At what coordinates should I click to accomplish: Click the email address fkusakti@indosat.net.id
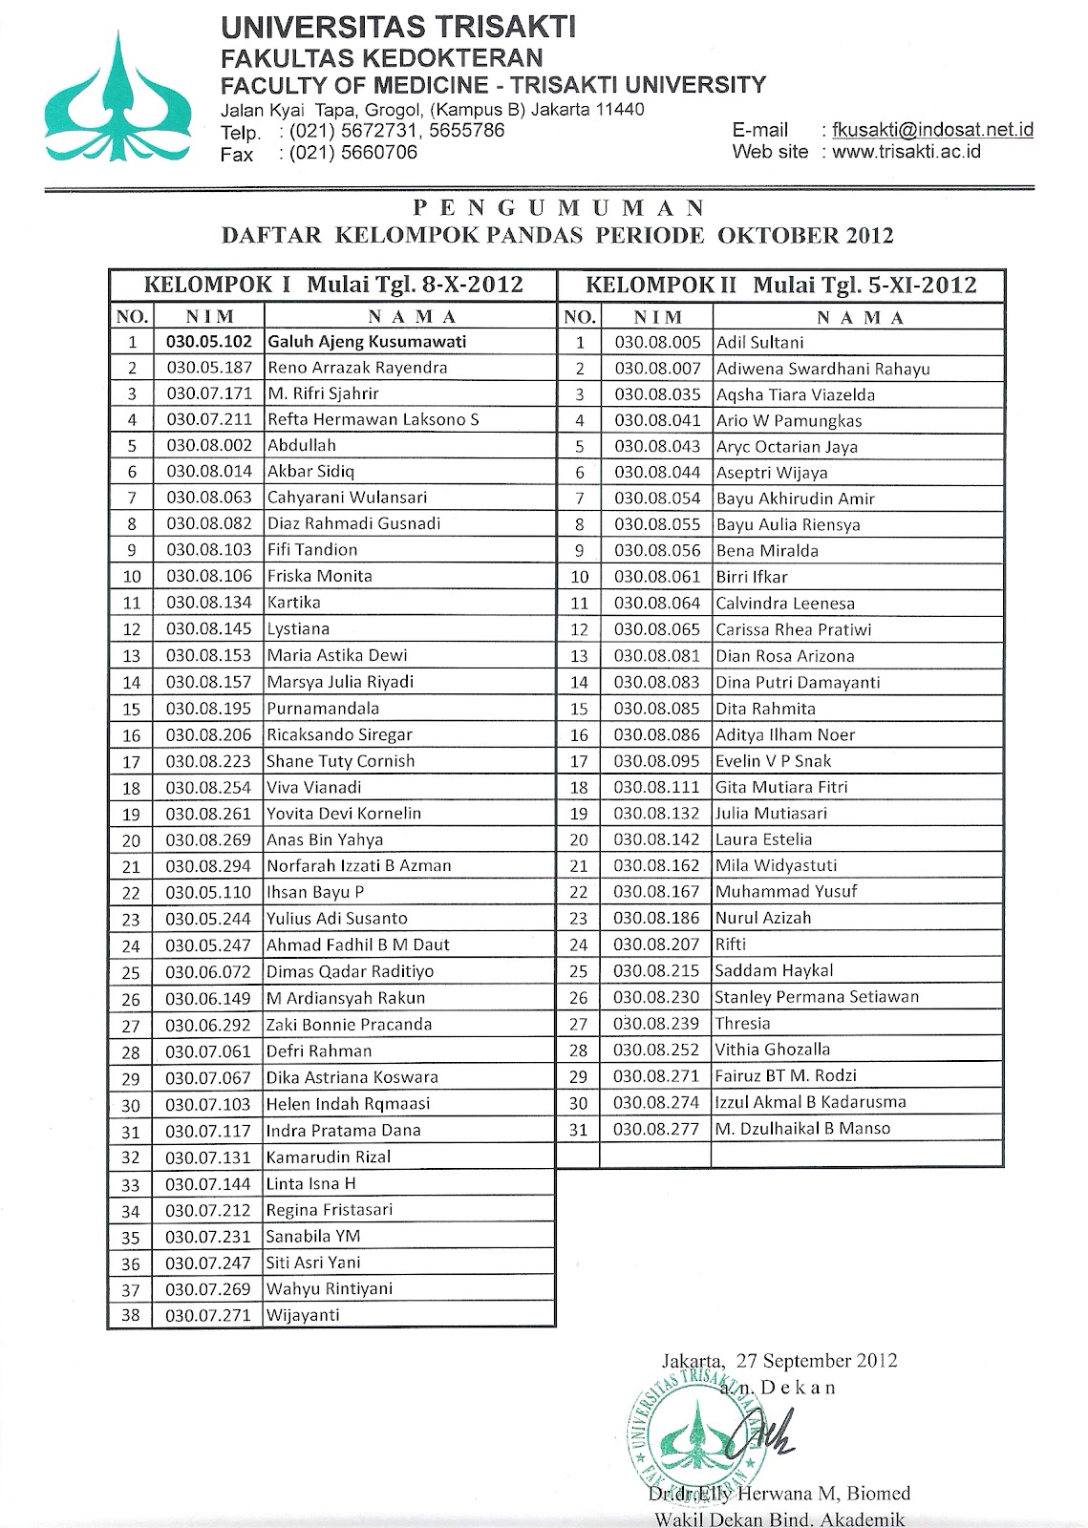(931, 130)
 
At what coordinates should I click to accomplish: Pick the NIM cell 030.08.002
(209, 445)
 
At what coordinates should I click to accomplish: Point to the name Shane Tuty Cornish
(341, 761)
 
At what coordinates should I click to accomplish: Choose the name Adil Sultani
(759, 342)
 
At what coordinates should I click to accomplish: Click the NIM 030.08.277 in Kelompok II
(658, 1128)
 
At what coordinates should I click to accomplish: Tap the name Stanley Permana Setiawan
(817, 996)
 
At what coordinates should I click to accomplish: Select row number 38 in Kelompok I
(132, 1315)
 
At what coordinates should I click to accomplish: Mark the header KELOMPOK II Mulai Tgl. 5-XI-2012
(780, 285)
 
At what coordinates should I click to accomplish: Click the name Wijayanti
(303, 1315)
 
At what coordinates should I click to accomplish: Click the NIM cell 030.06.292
(209, 1025)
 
